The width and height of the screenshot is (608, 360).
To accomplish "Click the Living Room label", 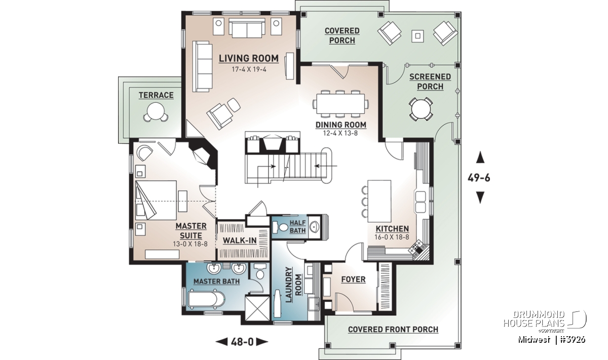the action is (249, 58).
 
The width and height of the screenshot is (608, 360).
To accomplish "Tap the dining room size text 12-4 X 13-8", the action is (340, 133).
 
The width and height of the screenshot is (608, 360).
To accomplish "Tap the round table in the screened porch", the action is (421, 109).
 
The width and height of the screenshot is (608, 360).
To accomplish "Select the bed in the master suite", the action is (156, 200).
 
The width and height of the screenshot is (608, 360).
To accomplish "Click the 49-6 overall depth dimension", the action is (479, 178).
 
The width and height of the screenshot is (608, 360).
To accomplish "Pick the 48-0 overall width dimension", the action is (242, 342).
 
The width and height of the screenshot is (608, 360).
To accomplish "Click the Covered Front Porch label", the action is (393, 329).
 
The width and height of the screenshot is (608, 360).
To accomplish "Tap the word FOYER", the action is (354, 279).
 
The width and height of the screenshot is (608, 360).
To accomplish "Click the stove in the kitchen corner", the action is (416, 247).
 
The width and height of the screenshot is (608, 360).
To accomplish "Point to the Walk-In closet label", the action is (240, 241).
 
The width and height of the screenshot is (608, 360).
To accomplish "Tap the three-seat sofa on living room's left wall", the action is (203, 66).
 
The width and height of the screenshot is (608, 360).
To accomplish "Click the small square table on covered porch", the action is (417, 35).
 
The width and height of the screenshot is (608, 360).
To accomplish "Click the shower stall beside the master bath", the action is (257, 308).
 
